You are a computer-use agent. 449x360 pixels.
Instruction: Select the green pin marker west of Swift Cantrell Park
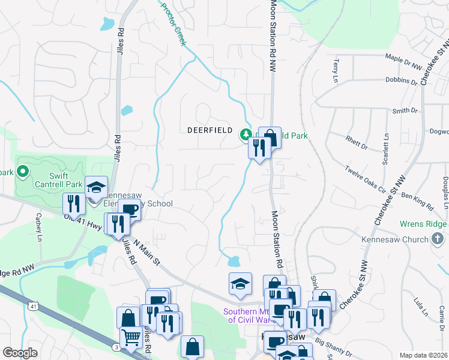tap(23, 173)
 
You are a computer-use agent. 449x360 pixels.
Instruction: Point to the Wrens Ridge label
tap(424, 224)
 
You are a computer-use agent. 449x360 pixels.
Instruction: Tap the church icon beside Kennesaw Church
tap(439, 239)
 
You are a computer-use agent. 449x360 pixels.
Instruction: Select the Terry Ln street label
tap(335, 71)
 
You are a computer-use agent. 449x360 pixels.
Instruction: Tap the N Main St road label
tap(148, 252)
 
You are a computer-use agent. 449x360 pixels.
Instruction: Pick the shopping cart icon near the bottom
tap(130, 337)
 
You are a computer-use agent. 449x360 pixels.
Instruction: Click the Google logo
tap(20, 353)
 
